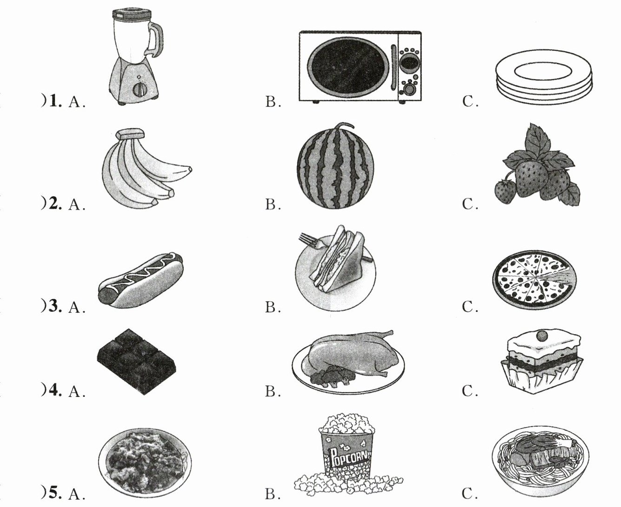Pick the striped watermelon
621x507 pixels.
coord(337,167)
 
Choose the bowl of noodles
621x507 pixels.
coord(540,456)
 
